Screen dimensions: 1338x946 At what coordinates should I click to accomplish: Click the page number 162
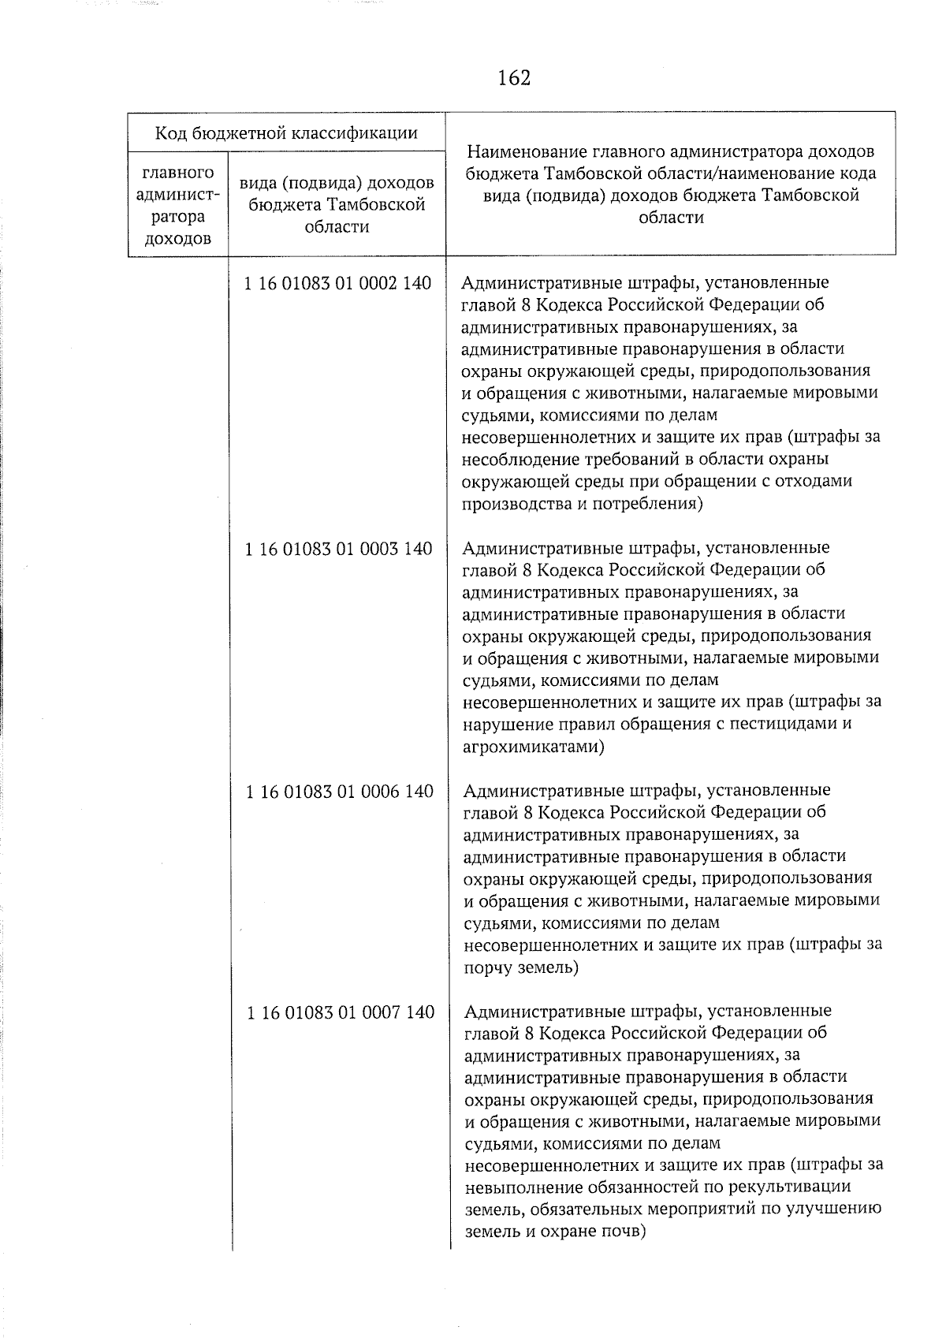click(x=514, y=78)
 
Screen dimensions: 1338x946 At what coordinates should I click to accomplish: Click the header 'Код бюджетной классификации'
click(x=286, y=132)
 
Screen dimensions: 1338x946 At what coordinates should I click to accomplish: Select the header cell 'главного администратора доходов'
click(x=177, y=205)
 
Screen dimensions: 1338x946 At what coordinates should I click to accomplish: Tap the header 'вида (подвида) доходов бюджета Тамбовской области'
click(x=337, y=205)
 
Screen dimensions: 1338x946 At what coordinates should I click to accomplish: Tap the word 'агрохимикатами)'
click(x=534, y=746)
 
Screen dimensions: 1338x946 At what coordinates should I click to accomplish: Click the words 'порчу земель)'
click(x=522, y=967)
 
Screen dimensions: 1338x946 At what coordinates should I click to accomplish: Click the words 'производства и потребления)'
click(x=582, y=503)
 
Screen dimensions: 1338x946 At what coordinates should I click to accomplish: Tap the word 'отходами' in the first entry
click(x=821, y=481)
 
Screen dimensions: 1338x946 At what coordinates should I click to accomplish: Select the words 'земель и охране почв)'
click(x=556, y=1232)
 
